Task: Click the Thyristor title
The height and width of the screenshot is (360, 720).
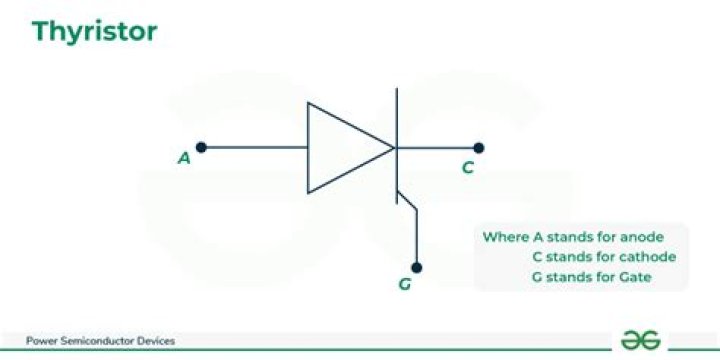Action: coord(94,32)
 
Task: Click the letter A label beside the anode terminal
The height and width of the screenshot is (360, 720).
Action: coord(184,158)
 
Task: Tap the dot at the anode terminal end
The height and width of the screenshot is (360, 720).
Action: coord(201,147)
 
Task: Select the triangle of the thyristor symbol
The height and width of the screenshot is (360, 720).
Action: coord(345,147)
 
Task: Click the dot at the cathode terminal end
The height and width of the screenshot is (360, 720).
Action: coord(479,147)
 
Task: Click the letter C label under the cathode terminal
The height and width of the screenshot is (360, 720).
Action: coord(467,168)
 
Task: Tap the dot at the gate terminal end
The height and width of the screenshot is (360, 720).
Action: coord(417,267)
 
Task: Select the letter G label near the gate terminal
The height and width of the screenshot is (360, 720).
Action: coord(404,285)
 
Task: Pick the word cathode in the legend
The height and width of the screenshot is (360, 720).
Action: coord(650,256)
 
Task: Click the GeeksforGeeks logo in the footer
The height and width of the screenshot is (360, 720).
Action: coord(640,340)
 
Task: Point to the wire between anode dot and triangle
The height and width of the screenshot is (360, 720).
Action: coord(255,147)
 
